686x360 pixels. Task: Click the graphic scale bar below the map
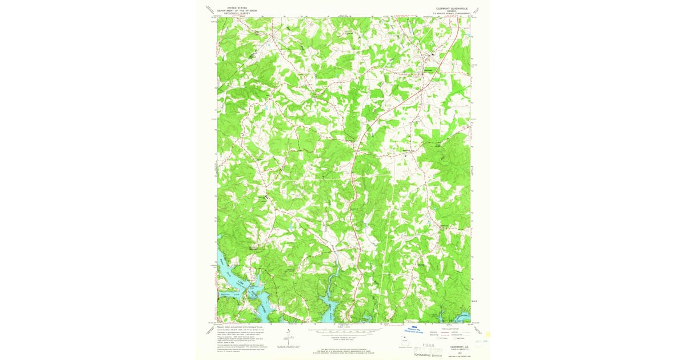pyautogui.click(x=344, y=330)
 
